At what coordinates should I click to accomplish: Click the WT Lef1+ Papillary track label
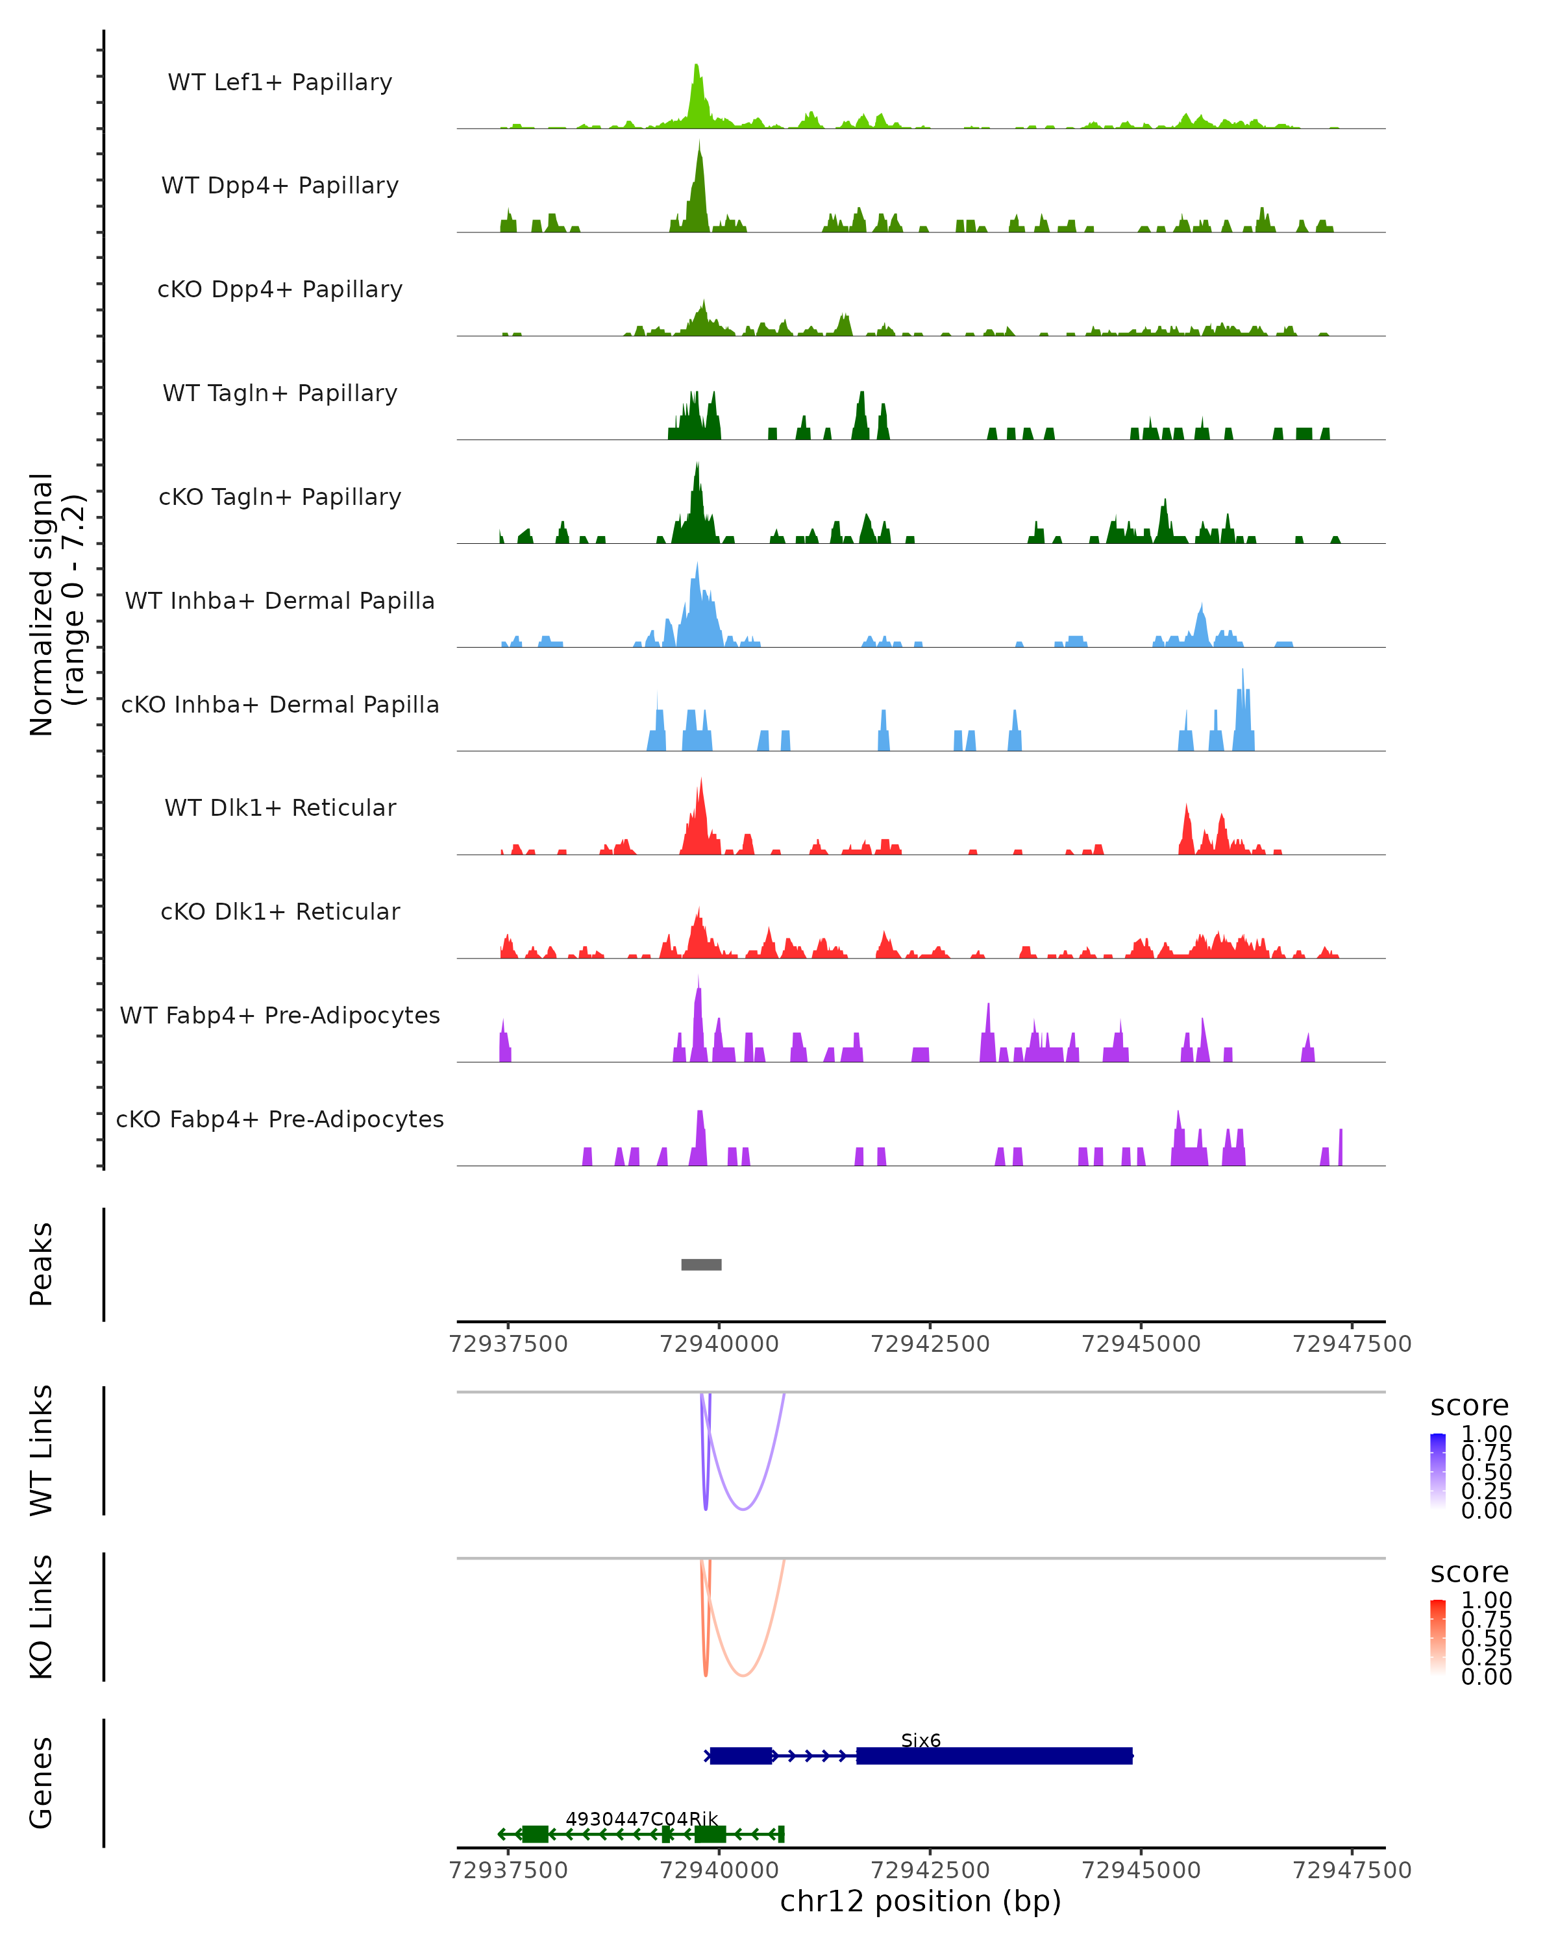click(x=280, y=82)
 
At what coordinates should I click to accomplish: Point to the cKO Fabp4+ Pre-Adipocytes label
click(x=280, y=1119)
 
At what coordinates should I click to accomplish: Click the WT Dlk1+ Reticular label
click(x=280, y=807)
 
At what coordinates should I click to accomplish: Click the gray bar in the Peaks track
click(x=701, y=1264)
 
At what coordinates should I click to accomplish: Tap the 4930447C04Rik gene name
click(x=641, y=1818)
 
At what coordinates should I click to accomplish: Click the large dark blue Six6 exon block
click(x=993, y=1756)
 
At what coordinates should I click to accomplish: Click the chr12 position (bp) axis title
click(x=921, y=1901)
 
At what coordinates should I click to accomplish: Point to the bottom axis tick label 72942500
click(x=930, y=1870)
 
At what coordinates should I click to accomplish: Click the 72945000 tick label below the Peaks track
click(x=1141, y=1344)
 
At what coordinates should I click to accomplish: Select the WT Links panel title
click(x=42, y=1451)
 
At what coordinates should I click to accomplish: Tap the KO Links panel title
click(x=42, y=1617)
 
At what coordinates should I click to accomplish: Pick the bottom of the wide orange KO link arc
click(x=743, y=1675)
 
